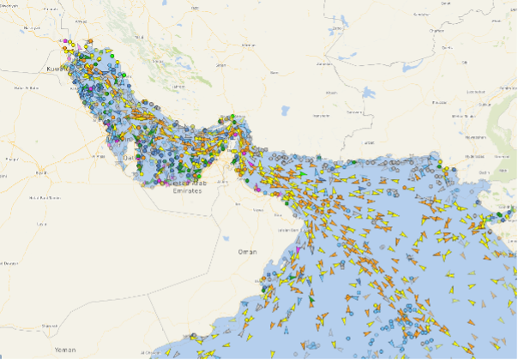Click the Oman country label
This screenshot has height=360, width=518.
click(247, 251)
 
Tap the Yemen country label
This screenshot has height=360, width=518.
click(66, 351)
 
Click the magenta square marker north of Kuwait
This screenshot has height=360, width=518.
click(62, 40)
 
